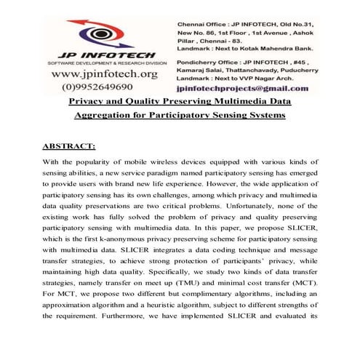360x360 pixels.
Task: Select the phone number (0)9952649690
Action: [x=102, y=87]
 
